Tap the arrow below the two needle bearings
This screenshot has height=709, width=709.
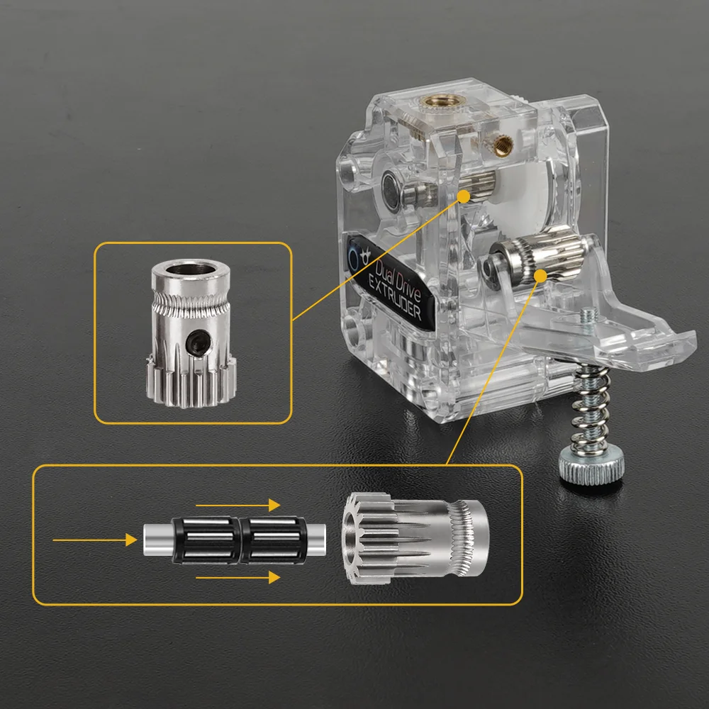(238, 578)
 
